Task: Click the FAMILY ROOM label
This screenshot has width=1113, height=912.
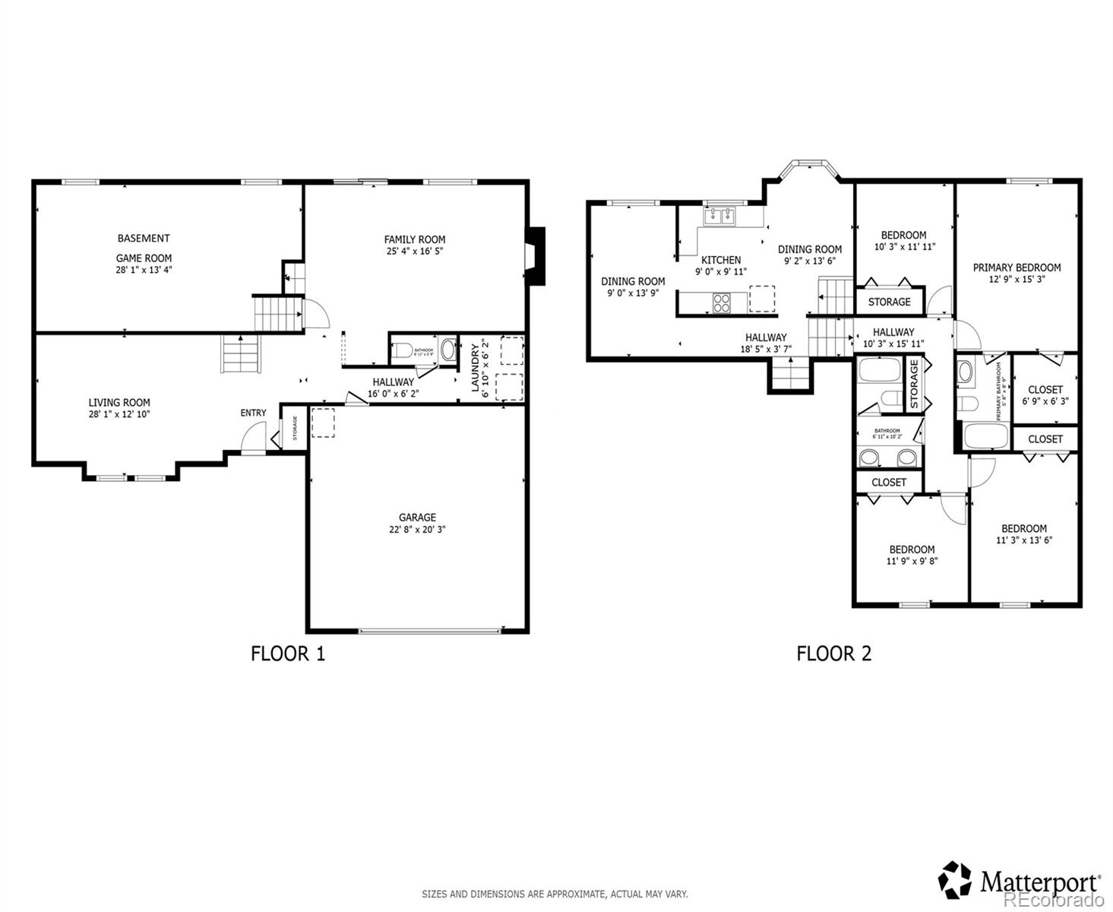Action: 414,239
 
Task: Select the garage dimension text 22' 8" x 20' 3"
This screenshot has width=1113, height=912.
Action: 417,529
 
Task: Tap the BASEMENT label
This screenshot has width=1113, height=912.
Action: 144,238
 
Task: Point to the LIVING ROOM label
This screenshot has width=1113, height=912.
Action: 119,403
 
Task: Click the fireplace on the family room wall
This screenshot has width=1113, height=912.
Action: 536,256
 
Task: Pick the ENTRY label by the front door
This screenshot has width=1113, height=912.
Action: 253,413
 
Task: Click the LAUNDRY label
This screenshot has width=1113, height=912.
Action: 476,368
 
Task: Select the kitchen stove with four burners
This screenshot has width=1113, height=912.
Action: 721,303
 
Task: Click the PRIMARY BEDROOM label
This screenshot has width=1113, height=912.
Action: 1017,268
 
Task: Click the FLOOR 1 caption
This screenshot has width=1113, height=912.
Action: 288,654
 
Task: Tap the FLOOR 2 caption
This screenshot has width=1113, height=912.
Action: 833,654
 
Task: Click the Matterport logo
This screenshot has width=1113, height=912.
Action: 1020,882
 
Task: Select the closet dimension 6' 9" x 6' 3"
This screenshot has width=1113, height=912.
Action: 1045,401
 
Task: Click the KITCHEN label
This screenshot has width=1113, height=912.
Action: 720,260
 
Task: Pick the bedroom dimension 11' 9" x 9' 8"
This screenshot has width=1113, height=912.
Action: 912,561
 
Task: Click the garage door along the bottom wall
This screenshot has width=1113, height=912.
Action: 429,630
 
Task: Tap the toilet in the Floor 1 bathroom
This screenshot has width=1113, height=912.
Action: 402,351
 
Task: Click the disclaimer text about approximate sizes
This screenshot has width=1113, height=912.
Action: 555,895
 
